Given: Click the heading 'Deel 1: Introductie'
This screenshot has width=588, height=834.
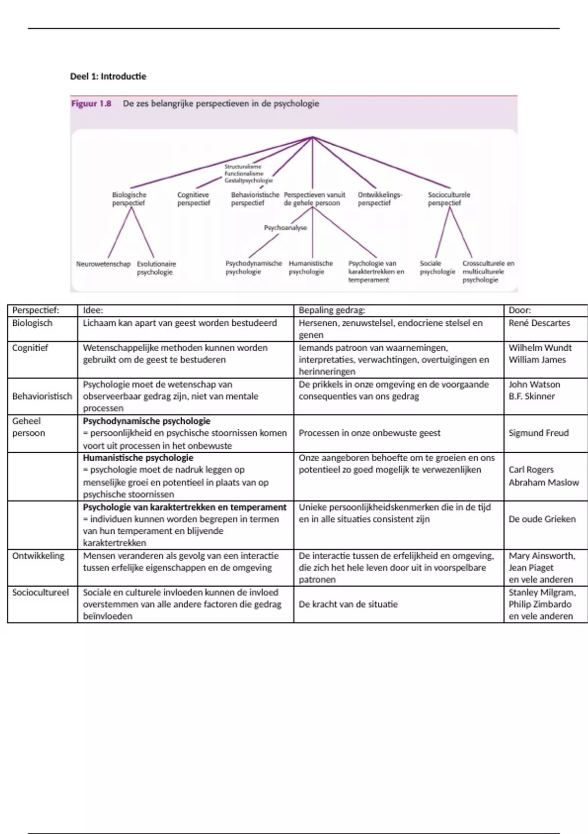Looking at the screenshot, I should click(x=108, y=77).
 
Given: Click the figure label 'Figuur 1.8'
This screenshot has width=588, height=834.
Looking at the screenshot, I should click(x=92, y=104).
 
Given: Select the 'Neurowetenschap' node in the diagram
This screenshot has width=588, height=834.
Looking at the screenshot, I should click(x=103, y=264).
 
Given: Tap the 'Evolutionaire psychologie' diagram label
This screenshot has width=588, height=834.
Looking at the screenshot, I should click(x=156, y=268).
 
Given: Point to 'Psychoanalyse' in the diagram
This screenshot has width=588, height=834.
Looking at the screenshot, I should click(x=285, y=228).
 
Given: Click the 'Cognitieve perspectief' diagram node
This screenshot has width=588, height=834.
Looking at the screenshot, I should click(x=194, y=199).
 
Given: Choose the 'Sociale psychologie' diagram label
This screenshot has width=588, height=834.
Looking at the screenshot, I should click(x=437, y=267).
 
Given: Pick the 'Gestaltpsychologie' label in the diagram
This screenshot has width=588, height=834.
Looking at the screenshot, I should click(x=248, y=181).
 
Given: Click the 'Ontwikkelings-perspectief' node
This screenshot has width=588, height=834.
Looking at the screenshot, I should click(x=380, y=199).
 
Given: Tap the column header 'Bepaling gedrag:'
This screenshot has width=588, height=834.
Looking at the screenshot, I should click(x=332, y=310).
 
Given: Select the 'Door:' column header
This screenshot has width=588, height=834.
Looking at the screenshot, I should click(x=519, y=310).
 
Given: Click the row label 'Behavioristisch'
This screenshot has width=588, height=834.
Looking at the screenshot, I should click(x=42, y=396).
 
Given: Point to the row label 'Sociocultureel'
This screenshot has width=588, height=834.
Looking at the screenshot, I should click(x=41, y=592).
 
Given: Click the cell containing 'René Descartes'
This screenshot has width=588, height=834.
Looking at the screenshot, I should click(x=539, y=323).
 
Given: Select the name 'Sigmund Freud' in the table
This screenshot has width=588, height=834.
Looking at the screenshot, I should click(x=539, y=433).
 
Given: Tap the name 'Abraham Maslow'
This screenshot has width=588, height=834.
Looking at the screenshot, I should click(x=543, y=482).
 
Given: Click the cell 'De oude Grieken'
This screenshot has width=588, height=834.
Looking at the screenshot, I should click(x=542, y=519).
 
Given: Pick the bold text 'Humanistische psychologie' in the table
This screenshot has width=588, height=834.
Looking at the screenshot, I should click(x=138, y=458).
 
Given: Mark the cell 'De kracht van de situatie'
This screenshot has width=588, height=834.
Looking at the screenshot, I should click(x=348, y=604).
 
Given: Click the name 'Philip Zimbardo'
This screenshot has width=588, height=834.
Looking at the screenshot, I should click(x=540, y=604).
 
